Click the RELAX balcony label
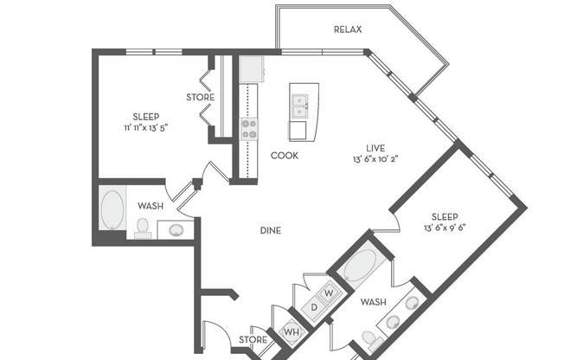pos(347,29)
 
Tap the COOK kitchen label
pos(285,156)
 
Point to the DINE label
pos(272,230)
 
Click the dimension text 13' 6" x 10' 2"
pos(380,159)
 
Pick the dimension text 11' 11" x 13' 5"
pos(145,126)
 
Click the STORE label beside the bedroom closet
pos(200,97)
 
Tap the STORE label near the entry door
pos(253,339)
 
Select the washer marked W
pos(329,293)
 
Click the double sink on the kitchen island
pos(300,106)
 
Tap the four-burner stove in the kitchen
pos(248,129)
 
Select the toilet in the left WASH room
pos(143,228)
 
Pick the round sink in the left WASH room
pos(176,230)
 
